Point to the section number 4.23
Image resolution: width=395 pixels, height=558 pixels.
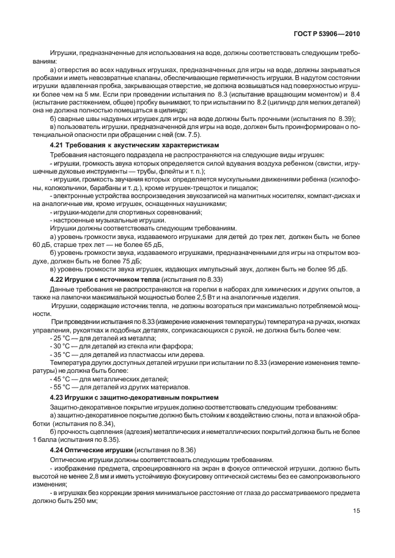point(57,397)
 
